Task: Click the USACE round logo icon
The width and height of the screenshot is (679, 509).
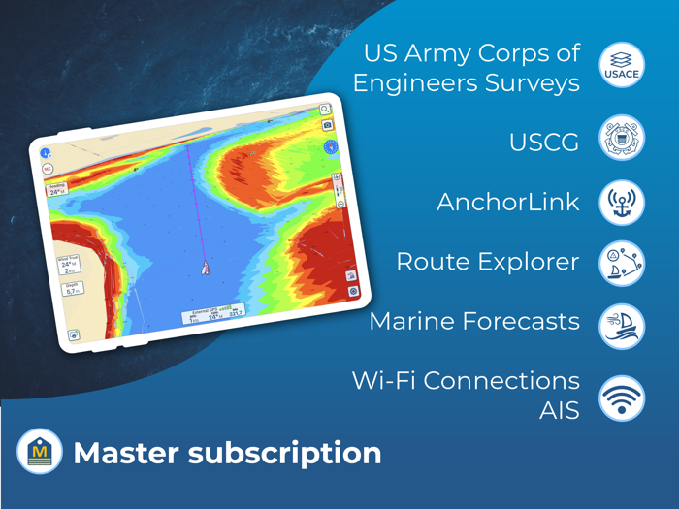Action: coord(622,65)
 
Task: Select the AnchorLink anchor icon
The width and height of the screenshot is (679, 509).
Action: coord(622,203)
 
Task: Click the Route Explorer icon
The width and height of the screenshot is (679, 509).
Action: coord(622,263)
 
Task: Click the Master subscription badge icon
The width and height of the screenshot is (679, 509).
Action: coord(40,452)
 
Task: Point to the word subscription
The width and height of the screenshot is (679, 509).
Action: coord(292,453)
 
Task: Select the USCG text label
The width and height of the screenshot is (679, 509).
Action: coord(544,143)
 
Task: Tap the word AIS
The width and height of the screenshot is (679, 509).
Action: coord(560,411)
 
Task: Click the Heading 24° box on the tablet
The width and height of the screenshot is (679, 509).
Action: coord(56,189)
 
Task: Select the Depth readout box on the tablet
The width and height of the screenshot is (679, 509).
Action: coord(73,288)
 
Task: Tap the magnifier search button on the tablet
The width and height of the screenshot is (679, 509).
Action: coord(325,111)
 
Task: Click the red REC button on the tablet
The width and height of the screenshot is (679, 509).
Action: coord(48,169)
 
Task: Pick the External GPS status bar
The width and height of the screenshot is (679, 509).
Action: coord(213,312)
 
